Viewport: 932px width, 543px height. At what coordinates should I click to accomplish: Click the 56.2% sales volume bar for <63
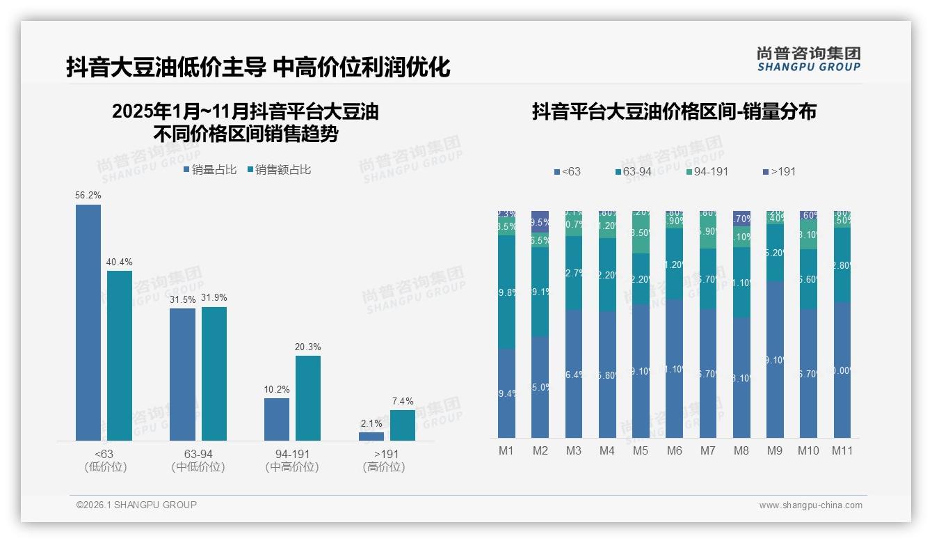pyautogui.click(x=88, y=322)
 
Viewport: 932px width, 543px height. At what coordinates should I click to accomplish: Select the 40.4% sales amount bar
pyautogui.click(x=120, y=355)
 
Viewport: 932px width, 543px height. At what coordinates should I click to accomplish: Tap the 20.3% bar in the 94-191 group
pyautogui.click(x=308, y=398)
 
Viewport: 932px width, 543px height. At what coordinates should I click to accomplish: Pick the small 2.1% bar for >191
pyautogui.click(x=371, y=436)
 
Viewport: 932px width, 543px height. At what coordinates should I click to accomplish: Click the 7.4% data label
pyautogui.click(x=403, y=401)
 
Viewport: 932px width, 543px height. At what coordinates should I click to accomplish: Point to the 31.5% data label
pyautogui.click(x=182, y=299)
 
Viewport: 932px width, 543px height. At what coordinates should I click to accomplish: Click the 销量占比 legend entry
pyautogui.click(x=210, y=169)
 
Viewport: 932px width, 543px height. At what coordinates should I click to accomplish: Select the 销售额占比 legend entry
pyautogui.click(x=279, y=169)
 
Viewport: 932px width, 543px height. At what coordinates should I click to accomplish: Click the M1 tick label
pyautogui.click(x=506, y=450)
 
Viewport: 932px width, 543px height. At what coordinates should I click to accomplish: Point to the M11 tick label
pyautogui.click(x=842, y=450)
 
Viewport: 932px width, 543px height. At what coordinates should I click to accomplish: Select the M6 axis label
pyautogui.click(x=674, y=450)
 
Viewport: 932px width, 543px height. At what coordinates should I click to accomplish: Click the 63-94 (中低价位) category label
pyautogui.click(x=198, y=460)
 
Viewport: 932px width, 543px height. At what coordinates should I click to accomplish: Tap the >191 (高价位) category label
pyautogui.click(x=384, y=460)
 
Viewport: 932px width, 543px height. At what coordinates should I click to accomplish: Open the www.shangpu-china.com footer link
pyautogui.click(x=810, y=505)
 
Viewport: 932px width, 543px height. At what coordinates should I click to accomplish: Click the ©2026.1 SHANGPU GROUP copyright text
pyautogui.click(x=136, y=505)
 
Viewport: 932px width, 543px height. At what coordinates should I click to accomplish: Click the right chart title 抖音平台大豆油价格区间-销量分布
pyautogui.click(x=674, y=111)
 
